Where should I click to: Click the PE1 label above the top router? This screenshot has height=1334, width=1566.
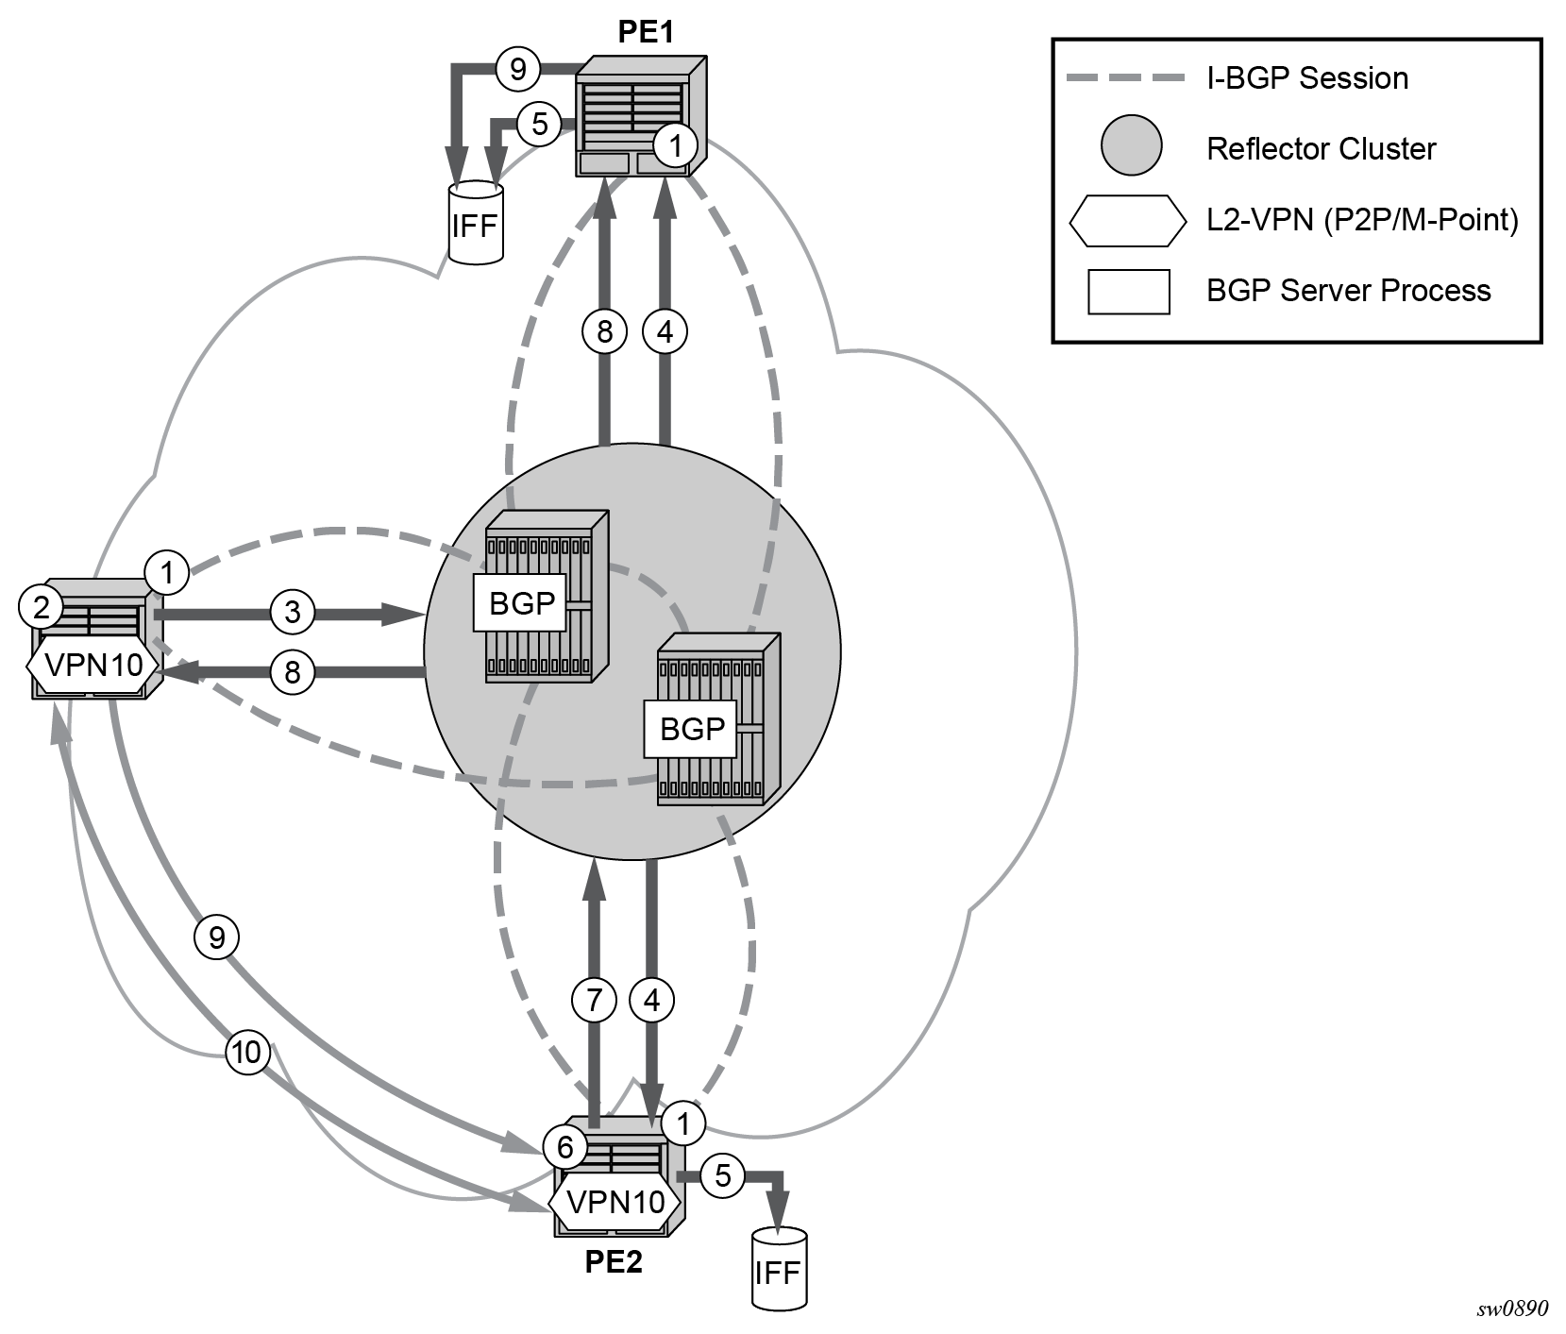pos(646,32)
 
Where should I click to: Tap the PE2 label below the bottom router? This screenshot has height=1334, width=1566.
pos(614,1261)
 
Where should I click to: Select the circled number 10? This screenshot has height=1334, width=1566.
pos(247,1052)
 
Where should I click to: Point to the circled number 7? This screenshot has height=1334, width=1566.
pos(595,1000)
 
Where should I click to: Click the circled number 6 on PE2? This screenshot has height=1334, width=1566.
pos(565,1147)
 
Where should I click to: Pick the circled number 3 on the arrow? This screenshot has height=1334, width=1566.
pos(293,612)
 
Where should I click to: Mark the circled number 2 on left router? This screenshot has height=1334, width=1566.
pos(42,607)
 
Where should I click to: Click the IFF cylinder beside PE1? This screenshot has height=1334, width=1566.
pos(476,224)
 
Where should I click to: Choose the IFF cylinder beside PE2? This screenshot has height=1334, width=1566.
pos(779,1269)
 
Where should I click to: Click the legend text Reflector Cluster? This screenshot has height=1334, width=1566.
pos(1321,149)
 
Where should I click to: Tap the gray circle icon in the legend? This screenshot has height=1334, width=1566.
pos(1131,146)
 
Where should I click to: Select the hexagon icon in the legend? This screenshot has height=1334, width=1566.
pos(1128,220)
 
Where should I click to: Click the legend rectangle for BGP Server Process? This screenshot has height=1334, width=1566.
pos(1129,291)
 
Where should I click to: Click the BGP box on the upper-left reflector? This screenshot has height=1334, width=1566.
pos(521,603)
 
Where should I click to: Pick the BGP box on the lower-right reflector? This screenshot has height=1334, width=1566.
pos(691,729)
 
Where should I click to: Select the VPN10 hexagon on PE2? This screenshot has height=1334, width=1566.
pos(615,1203)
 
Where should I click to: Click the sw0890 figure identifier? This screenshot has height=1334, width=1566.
pos(1512,1309)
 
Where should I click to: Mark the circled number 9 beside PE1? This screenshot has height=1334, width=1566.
pos(517,69)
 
